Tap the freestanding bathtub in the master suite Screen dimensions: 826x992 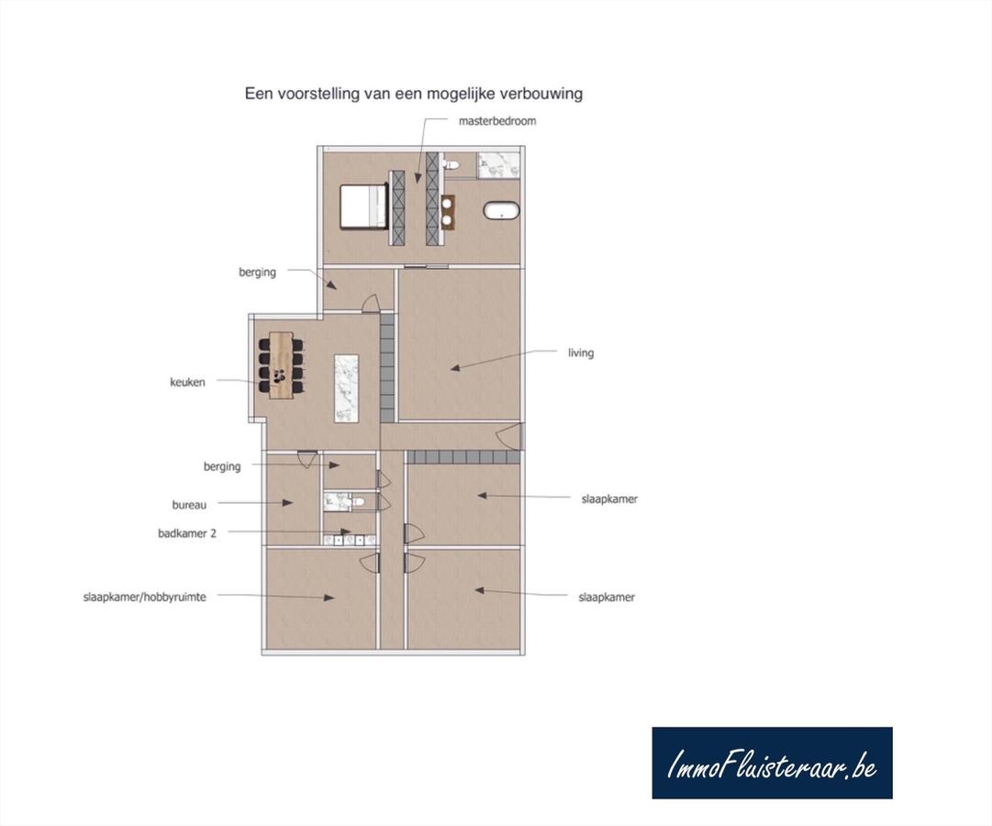[x=501, y=211]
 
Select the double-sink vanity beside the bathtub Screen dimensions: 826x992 [x=450, y=210]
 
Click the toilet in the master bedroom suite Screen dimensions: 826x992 [x=450, y=164]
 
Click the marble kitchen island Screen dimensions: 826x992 [x=346, y=387]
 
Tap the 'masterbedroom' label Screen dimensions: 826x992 [x=496, y=120]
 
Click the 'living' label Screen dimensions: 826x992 [x=580, y=352]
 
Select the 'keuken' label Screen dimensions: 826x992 [x=187, y=382]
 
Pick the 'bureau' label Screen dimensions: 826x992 [x=189, y=505]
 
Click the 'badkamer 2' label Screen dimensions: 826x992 [x=187, y=532]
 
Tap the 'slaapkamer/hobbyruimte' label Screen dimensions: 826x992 [x=144, y=597]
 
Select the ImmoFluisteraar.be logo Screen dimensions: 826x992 [x=772, y=763]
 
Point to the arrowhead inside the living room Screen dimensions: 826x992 [x=455, y=368]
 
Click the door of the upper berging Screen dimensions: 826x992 [x=369, y=303]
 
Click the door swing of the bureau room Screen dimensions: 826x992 [x=307, y=458]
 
